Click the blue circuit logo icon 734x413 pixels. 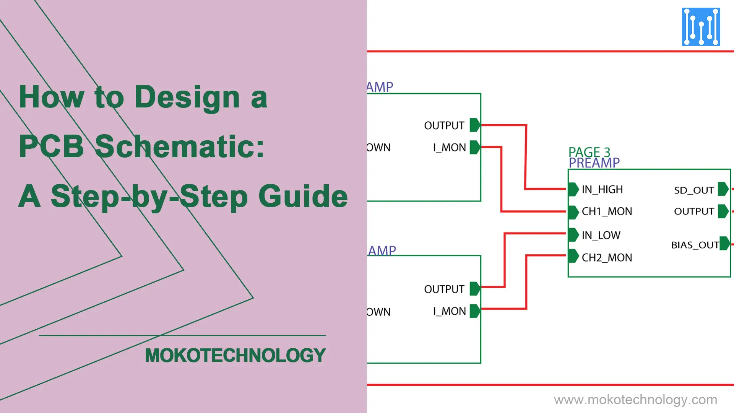(701, 27)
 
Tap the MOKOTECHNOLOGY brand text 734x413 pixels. (235, 355)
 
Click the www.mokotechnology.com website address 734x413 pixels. (635, 400)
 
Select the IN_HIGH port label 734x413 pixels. (602, 189)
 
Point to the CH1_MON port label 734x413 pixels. (607, 211)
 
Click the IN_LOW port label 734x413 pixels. (601, 235)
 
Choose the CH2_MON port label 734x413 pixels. (607, 258)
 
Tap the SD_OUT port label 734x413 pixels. (693, 190)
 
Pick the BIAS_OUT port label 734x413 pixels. (695, 245)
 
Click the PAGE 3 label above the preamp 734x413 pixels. (589, 152)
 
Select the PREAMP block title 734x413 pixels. (594, 163)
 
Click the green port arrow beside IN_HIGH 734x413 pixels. (573, 189)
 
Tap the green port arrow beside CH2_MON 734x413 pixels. (573, 256)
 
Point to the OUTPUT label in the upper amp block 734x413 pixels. (444, 125)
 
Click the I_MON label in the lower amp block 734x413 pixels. (449, 311)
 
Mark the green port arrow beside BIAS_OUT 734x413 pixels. (724, 244)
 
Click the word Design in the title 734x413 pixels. (187, 97)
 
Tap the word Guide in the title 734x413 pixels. (303, 196)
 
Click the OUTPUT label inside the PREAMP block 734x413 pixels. (693, 211)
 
